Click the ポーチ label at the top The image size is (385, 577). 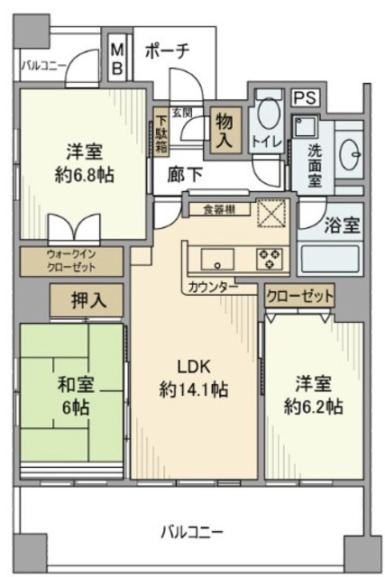165,51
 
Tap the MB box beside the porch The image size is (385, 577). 119,59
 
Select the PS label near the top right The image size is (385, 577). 303,96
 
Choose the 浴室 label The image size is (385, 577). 343,224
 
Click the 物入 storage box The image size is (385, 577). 224,131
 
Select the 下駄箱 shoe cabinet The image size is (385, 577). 159,130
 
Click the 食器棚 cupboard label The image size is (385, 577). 217,209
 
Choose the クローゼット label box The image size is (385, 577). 299,296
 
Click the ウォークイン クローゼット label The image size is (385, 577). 71,261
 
